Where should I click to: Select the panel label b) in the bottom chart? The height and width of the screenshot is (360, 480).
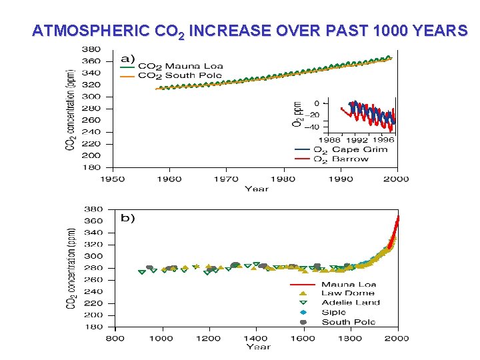(127, 219)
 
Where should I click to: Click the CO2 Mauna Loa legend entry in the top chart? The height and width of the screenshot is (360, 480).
(180, 66)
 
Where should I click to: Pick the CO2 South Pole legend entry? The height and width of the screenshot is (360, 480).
(181, 75)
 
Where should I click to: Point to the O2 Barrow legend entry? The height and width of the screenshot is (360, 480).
(343, 159)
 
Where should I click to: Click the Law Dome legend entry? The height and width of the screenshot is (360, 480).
(347, 293)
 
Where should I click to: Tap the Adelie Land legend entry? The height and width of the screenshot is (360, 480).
(351, 303)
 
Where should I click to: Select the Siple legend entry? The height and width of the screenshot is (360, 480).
(333, 312)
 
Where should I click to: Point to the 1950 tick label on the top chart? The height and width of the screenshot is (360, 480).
(113, 179)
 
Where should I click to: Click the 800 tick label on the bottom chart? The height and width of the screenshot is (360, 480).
(115, 337)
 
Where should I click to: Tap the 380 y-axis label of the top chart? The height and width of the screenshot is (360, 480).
(91, 49)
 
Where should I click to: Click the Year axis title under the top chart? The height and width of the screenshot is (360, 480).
(257, 189)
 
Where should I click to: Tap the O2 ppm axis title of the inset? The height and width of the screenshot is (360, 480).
(297, 114)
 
